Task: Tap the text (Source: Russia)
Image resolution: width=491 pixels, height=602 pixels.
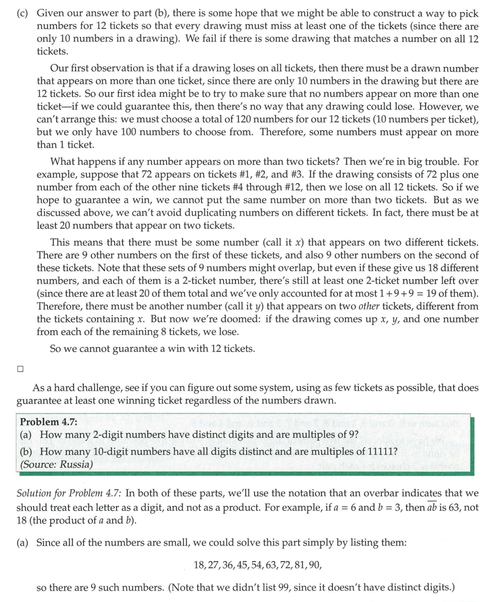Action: pos(56,465)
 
